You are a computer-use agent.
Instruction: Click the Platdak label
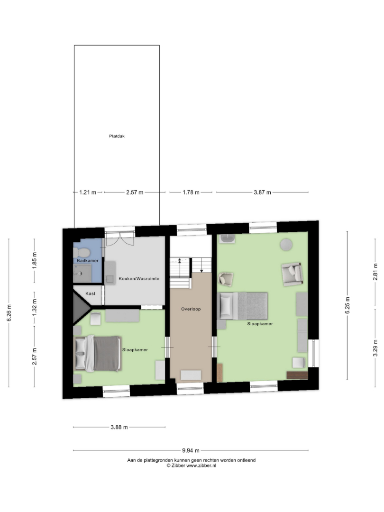(117, 136)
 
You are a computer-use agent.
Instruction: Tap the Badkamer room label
(88, 261)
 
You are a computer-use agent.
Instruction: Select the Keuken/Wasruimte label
(139, 279)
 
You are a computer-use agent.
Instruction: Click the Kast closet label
(91, 293)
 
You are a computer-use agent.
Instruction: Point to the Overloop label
(191, 309)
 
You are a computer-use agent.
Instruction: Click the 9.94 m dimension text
(191, 450)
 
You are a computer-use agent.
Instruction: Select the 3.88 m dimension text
(119, 427)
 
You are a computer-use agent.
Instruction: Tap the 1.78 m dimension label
(191, 192)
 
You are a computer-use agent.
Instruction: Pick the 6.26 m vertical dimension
(9, 312)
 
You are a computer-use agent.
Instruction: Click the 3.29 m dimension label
(375, 348)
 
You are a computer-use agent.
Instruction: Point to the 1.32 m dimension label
(35, 307)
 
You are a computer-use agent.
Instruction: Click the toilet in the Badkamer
(82, 252)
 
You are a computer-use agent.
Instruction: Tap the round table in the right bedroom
(286, 245)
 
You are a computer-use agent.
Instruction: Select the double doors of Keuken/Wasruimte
(120, 239)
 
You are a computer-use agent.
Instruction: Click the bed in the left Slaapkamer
(98, 354)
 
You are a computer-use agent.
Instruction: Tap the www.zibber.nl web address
(201, 466)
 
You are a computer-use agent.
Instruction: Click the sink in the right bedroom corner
(227, 238)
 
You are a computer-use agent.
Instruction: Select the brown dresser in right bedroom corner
(297, 375)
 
